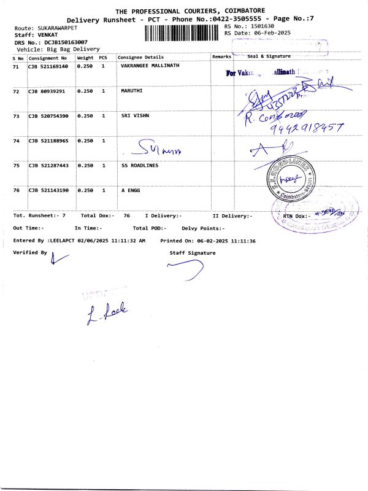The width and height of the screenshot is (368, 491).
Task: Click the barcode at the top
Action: pyautogui.click(x=183, y=33)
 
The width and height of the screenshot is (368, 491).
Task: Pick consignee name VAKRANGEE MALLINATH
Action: pyautogui.click(x=150, y=66)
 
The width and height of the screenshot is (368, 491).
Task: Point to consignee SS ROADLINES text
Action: pyautogui.click(x=140, y=166)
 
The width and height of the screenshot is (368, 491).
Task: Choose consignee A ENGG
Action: pyautogui.click(x=131, y=191)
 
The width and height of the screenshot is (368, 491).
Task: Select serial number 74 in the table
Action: pyautogui.click(x=16, y=141)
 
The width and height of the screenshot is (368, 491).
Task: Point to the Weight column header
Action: pyautogui.click(x=85, y=57)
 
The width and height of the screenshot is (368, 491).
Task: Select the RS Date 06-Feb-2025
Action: pyautogui.click(x=270, y=33)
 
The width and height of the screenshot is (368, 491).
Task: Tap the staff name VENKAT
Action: pyautogui.click(x=48, y=36)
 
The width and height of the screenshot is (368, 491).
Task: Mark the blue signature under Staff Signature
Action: pyautogui.click(x=188, y=268)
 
